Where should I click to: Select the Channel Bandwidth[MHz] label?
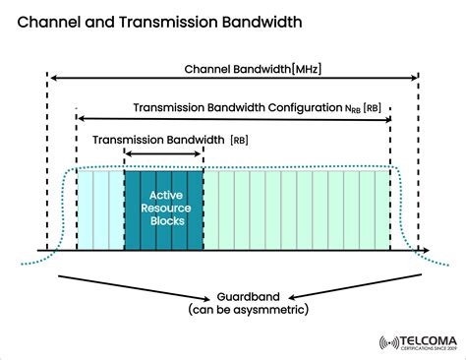tap(252, 70)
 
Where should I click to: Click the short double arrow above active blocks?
tap(163, 155)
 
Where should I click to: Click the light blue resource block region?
tap(100, 210)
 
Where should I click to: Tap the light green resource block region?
tap(295, 210)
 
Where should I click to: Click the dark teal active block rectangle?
tap(163, 231)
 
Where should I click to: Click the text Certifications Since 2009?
tap(422, 348)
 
